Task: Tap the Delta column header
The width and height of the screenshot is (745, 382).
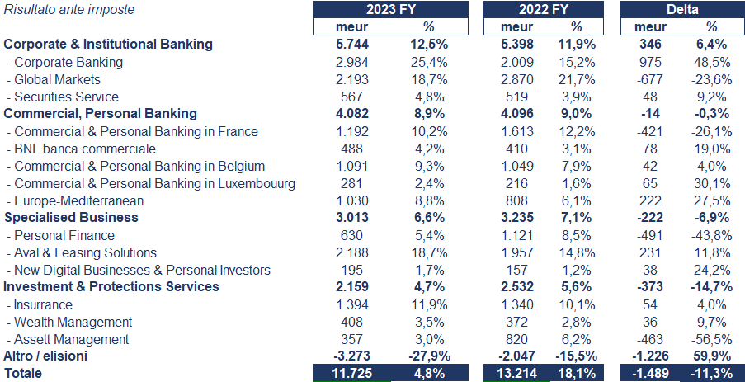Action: point(682,10)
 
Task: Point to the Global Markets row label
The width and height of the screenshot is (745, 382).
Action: point(58,79)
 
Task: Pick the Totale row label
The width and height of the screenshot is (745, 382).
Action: point(23,373)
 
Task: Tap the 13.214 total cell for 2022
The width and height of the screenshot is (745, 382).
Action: point(513,373)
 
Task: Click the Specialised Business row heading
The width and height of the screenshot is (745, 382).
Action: point(72,218)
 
